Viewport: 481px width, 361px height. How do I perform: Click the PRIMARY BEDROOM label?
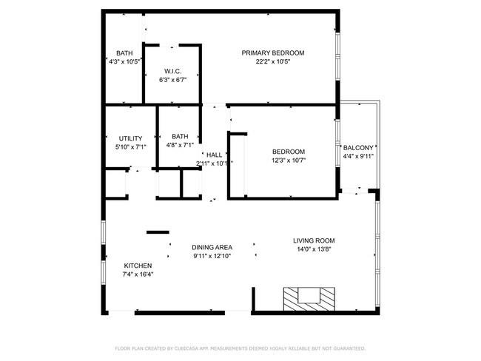273,53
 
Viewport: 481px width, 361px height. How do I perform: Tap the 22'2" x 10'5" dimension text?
273,62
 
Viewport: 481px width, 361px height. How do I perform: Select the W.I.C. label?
172,71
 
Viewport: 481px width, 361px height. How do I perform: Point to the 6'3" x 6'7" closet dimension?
172,80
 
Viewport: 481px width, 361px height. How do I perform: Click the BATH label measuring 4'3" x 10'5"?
124,53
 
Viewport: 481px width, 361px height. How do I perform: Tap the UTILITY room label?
130,138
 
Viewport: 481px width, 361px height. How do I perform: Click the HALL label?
215,155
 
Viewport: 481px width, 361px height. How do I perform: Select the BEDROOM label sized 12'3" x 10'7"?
289,152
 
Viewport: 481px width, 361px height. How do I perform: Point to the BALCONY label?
358,148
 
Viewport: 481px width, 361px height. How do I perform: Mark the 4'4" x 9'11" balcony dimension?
358,156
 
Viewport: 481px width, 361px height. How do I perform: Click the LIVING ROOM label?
314,240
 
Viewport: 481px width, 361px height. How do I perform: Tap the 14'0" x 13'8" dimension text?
314,249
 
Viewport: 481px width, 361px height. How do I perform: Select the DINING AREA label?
212,247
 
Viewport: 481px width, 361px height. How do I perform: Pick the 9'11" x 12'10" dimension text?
212,256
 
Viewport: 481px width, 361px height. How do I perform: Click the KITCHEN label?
138,266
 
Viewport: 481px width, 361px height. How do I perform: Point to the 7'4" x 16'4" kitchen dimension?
138,274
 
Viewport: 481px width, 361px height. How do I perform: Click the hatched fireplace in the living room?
309,299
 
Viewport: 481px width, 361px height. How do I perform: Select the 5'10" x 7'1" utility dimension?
130,147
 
